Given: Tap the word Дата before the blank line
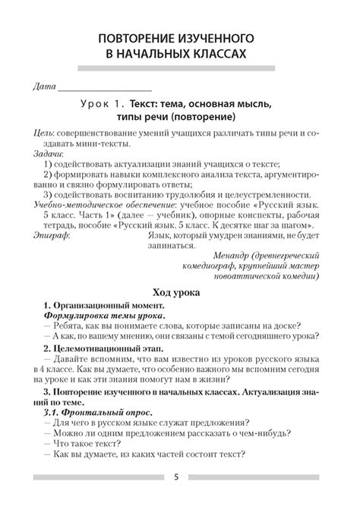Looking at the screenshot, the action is coord(38,83).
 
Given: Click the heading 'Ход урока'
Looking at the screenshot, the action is coord(179,292).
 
